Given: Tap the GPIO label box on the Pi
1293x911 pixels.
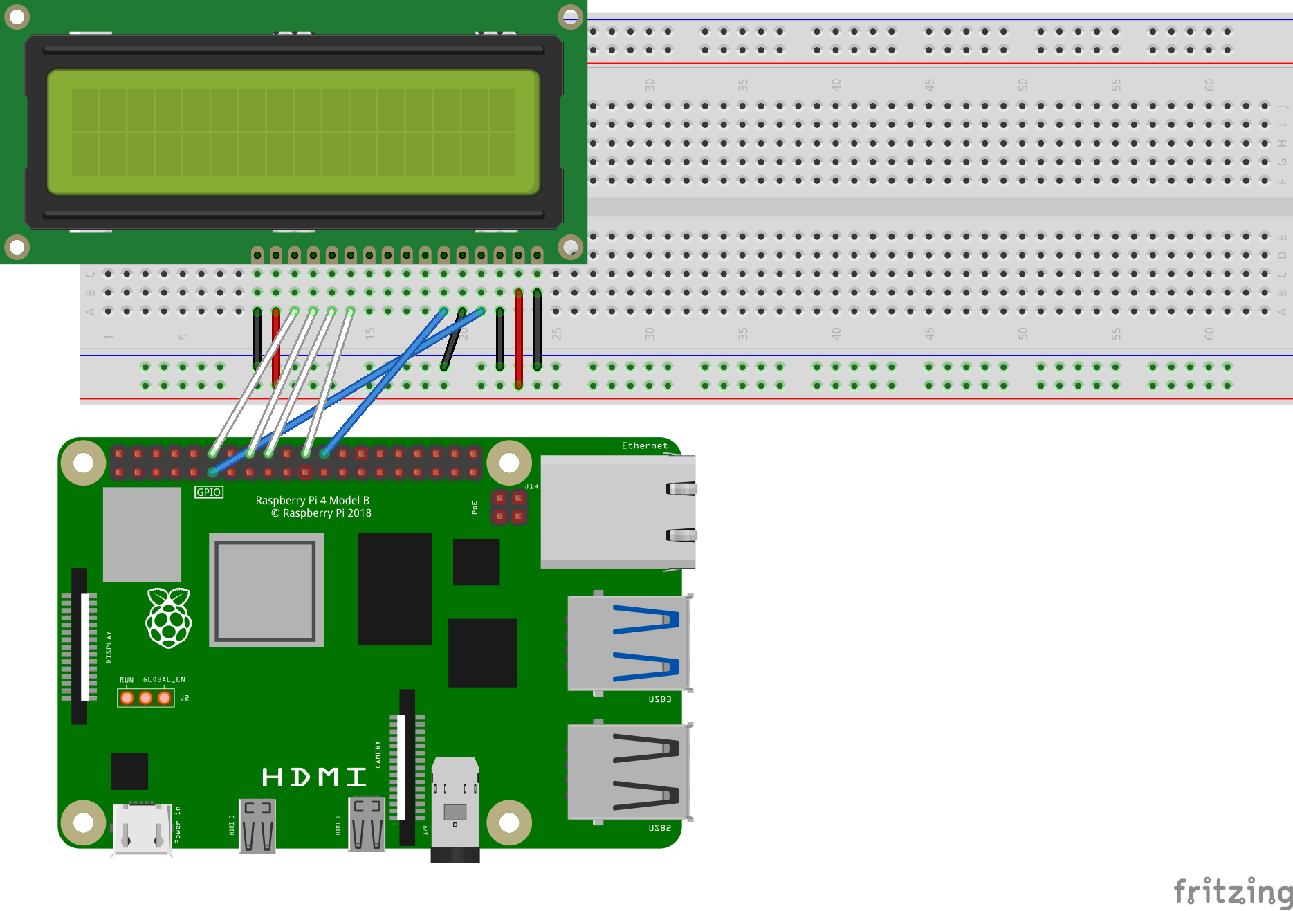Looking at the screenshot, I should (x=208, y=492).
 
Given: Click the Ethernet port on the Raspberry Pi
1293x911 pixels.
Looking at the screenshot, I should (x=617, y=511).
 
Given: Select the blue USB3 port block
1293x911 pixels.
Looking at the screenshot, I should (x=628, y=643).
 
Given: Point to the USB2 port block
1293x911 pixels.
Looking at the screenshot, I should (x=628, y=772).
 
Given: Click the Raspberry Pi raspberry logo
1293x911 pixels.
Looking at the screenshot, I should (x=168, y=618).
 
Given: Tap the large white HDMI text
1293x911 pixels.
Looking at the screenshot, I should (x=313, y=777).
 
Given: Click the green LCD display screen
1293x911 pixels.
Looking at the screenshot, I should (x=293, y=131).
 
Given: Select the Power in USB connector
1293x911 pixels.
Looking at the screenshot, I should (x=142, y=829).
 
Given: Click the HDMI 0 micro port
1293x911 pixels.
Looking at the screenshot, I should (x=257, y=825).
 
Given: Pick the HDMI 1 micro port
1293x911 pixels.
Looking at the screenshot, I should (x=367, y=825).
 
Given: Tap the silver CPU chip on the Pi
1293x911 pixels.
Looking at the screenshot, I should (x=266, y=590).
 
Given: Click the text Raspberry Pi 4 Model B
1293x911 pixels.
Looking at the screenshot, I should (x=312, y=500).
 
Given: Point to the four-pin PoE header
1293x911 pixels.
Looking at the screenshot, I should (x=509, y=507).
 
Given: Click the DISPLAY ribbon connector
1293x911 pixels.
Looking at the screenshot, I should (x=80, y=645).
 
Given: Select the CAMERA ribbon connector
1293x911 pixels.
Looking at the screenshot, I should (x=407, y=766).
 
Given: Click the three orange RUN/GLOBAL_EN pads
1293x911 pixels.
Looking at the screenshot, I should (x=145, y=697).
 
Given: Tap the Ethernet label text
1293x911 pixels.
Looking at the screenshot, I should (x=644, y=445).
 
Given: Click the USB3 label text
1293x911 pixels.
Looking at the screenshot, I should (x=659, y=699).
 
